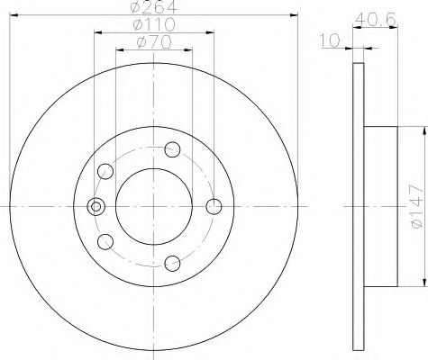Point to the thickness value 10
(330, 40)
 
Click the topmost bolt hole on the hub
(174, 149)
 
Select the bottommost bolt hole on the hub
(174, 264)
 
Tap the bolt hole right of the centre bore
(214, 207)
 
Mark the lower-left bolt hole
(105, 241)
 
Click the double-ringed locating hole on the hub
(93, 207)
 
